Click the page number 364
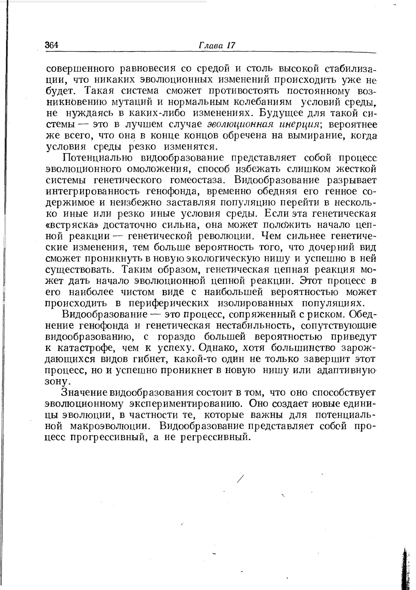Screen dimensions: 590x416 (52, 45)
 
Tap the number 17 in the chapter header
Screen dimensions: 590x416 (231, 45)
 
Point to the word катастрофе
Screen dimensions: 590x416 (87, 348)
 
